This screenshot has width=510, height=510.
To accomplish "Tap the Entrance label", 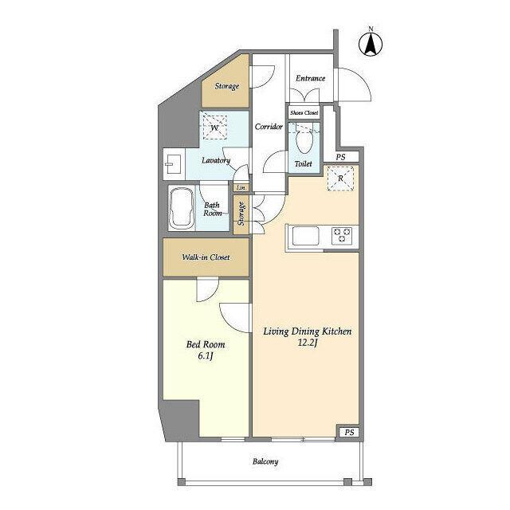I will coord(310,78).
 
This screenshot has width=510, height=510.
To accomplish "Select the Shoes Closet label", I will coord(304,113).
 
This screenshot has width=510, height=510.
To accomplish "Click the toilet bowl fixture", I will coord(303,142).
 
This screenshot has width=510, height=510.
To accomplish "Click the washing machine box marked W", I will coord(214,126).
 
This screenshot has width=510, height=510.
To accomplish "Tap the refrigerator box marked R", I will coord(341,179).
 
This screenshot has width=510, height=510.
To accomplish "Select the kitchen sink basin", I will coord(305,235).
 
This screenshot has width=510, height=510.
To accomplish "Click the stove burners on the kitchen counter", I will coord(343,235).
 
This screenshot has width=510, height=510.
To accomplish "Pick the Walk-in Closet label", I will coord(206,258).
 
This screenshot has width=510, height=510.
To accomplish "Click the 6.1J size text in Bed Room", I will coord(206,356).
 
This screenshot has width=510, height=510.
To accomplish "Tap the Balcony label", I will coord(265,462).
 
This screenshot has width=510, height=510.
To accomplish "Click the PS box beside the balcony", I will coord(348,432).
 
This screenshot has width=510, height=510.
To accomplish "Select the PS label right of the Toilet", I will coord(340,157).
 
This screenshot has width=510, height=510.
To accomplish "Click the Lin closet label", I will coord(241,188).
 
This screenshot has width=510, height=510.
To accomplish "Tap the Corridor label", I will coord(269,127).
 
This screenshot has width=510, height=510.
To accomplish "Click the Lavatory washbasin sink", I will coord(173,167).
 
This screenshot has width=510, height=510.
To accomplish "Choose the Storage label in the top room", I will coord(226,86).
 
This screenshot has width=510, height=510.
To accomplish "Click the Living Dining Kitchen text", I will coord(302,331).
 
